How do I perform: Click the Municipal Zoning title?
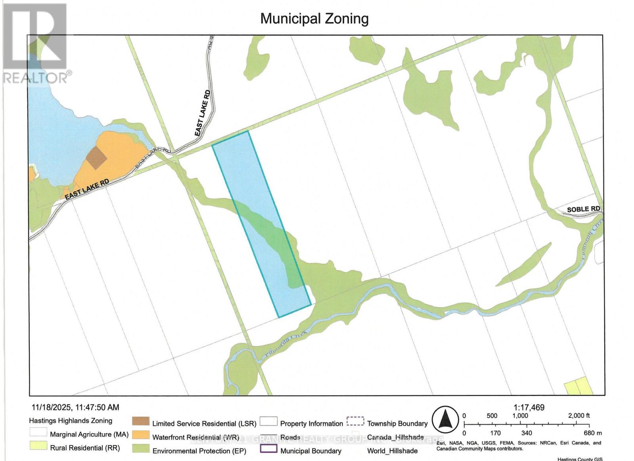(314, 19)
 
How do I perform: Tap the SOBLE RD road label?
(583, 209)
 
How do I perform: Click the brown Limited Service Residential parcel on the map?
(97, 158)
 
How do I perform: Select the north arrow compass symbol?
(445, 420)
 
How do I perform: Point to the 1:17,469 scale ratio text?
(529, 407)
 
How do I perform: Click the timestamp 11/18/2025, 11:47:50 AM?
(75, 407)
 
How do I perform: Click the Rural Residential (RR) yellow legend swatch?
(38, 446)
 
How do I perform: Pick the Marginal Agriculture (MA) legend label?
(89, 434)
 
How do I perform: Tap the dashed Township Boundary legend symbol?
(355, 421)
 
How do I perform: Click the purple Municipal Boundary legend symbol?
(268, 449)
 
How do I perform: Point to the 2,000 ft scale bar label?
(579, 415)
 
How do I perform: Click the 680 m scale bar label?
(592, 433)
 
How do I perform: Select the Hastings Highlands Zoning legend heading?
(71, 421)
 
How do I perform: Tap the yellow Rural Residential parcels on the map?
(578, 386)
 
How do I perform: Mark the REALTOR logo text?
(37, 78)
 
